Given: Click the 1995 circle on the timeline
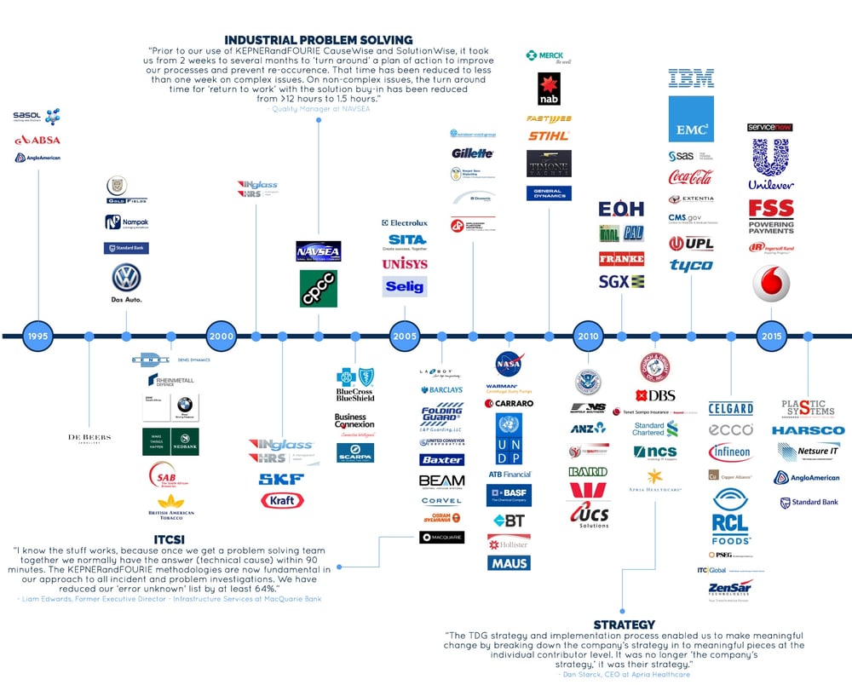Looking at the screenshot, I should point(38,336).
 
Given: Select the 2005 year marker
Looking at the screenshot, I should point(405,336).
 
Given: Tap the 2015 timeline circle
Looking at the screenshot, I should point(772,336).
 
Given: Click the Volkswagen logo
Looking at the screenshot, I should point(127,279).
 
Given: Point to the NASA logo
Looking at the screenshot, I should point(509,364).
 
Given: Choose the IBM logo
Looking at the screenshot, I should point(691,79).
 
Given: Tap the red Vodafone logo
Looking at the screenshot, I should point(771,284).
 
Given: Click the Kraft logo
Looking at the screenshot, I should point(282,500).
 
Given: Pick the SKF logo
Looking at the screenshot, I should point(281,480).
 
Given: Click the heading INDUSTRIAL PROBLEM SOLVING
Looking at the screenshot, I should point(319,40).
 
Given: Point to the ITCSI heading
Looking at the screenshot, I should point(170,540).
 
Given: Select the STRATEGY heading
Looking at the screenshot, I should point(625,625).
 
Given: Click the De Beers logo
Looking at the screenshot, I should point(89,438).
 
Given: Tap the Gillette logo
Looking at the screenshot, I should point(473,153).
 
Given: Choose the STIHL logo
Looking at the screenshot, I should point(549,135).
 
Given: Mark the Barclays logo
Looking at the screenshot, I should point(441,390).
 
